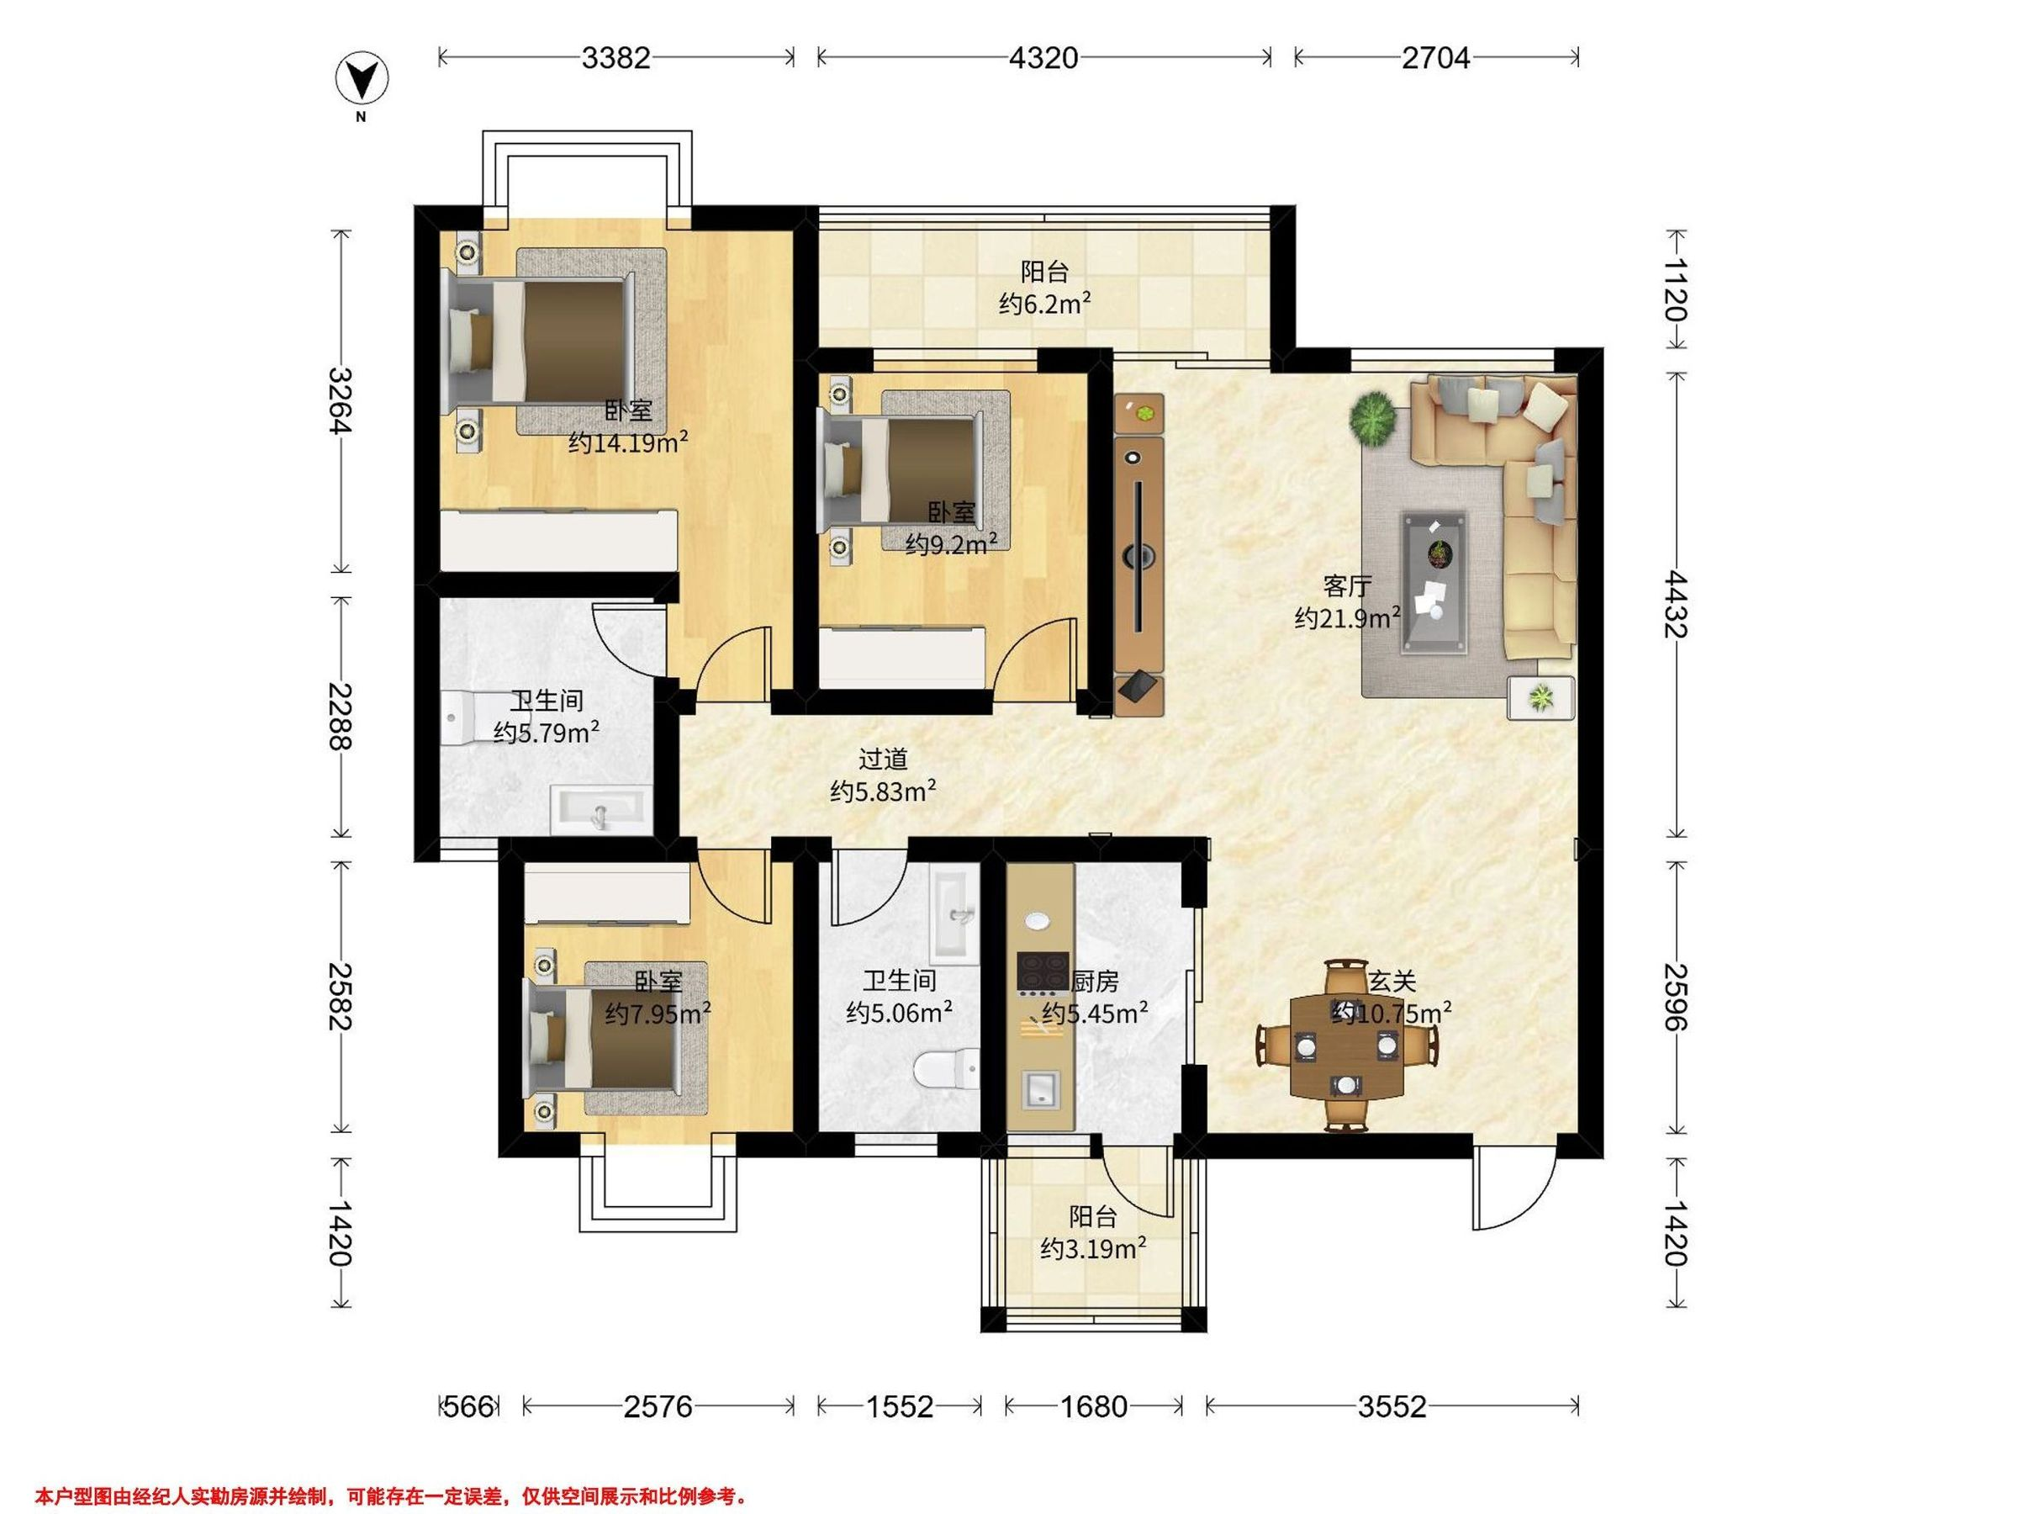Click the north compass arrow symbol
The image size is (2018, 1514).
[x=362, y=80]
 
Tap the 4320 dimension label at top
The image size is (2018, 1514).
[x=1043, y=58]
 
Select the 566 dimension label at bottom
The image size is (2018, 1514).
[x=468, y=1406]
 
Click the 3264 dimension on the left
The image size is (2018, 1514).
[x=341, y=401]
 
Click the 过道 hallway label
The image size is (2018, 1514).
[x=883, y=760]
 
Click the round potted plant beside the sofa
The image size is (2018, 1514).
[x=1374, y=418]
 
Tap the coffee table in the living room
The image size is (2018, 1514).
[x=1435, y=582]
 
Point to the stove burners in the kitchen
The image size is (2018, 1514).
[x=1043, y=972]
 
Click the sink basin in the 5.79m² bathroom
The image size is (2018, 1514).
[x=601, y=810]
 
